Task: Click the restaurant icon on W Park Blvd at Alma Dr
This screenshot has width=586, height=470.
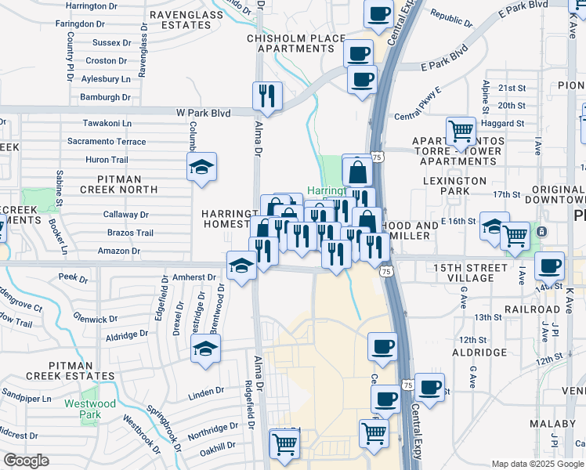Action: pos(267,96)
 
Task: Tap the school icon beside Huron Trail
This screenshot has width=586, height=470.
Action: pos(202,167)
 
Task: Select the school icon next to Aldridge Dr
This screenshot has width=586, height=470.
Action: pos(206,349)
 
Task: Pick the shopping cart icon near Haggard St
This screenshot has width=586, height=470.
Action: pos(461,130)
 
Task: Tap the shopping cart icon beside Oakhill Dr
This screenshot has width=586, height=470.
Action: pos(284,443)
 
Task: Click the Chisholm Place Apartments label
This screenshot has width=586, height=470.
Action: pos(295,43)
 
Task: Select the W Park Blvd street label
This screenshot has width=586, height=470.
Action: pos(203,114)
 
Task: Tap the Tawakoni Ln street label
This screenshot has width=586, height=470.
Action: pos(107,123)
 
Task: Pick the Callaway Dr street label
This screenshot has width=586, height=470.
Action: pos(126,214)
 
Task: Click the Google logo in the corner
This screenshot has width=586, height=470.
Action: pos(26,461)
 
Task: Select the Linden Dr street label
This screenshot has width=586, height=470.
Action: pos(206,392)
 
